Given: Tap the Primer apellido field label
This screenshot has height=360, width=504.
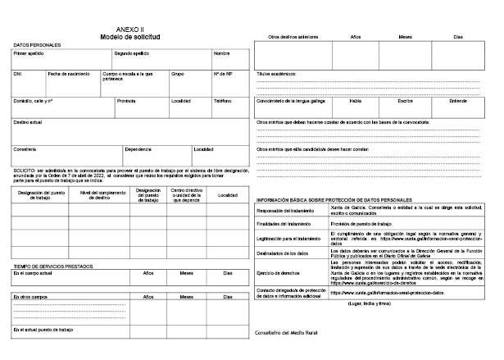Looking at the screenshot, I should (x=30, y=52).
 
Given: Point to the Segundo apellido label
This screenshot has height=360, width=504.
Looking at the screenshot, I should (x=131, y=52).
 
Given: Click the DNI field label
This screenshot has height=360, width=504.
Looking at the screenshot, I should (x=17, y=74).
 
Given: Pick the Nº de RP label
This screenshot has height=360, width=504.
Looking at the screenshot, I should (x=223, y=74).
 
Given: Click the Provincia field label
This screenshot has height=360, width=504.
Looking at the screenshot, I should (x=126, y=101).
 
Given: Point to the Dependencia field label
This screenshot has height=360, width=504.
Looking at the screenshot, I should (x=138, y=148).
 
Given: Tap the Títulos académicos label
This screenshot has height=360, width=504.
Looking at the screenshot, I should (x=280, y=74).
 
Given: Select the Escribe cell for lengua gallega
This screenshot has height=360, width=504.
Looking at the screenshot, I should (x=406, y=101).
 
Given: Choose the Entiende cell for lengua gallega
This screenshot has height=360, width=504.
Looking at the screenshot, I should (x=459, y=101).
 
